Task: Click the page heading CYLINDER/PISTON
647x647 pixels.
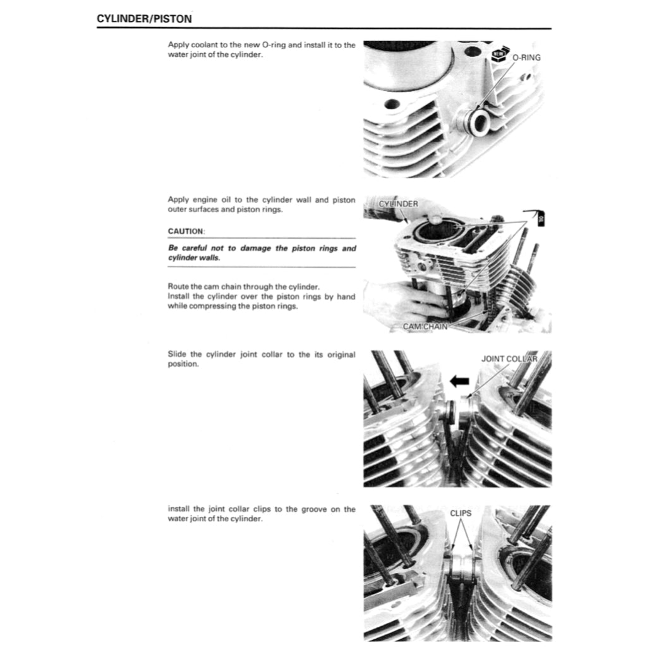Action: [x=144, y=19]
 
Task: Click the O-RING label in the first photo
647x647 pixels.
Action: [x=526, y=57]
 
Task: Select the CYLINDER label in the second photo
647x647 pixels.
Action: [x=398, y=204]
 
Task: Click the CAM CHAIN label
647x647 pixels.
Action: [x=425, y=327]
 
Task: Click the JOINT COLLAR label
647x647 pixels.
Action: [x=509, y=359]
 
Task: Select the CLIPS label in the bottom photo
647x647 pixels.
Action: [x=461, y=513]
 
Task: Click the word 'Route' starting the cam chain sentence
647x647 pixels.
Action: [x=179, y=287]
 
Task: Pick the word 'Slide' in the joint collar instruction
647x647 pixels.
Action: [x=178, y=354]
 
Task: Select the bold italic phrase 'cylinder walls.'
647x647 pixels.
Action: [x=193, y=258]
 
